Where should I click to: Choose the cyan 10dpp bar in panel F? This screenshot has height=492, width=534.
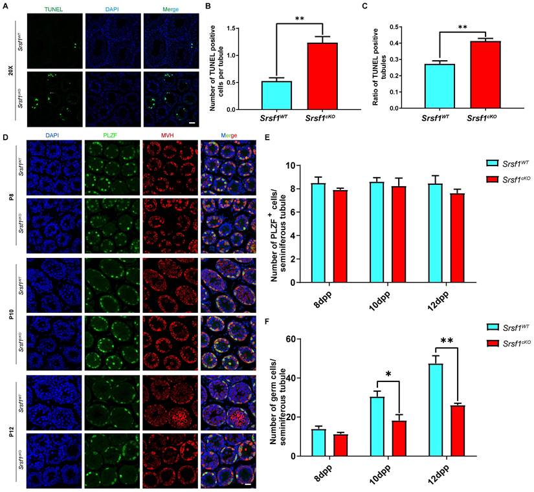[x=377, y=426]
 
